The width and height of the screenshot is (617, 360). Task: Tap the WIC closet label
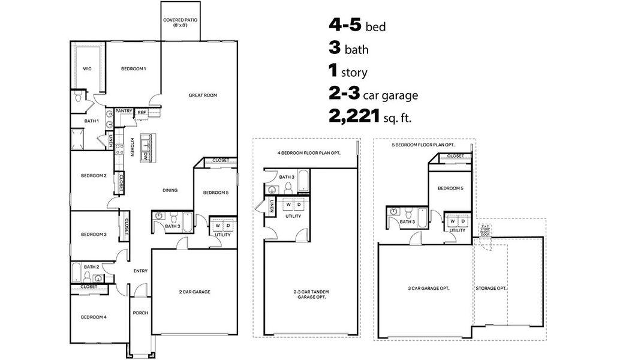(87, 68)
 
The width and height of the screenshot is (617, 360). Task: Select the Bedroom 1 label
(133, 69)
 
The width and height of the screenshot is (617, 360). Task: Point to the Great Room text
(202, 95)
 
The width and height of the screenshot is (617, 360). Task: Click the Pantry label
(124, 111)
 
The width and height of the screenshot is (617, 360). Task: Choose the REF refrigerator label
(142, 112)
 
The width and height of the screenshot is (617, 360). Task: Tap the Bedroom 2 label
(94, 175)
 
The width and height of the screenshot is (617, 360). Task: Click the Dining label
(170, 191)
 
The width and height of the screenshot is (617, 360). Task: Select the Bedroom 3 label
(94, 234)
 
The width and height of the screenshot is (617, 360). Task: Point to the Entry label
(140, 271)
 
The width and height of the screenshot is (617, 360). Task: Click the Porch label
(140, 313)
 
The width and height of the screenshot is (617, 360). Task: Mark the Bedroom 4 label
(94, 316)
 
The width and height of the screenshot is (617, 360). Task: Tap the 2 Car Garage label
(194, 292)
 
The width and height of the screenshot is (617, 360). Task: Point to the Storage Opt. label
(491, 289)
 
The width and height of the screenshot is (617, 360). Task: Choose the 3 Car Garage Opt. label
(425, 289)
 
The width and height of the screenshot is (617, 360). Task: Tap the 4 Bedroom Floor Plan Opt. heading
(309, 153)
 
